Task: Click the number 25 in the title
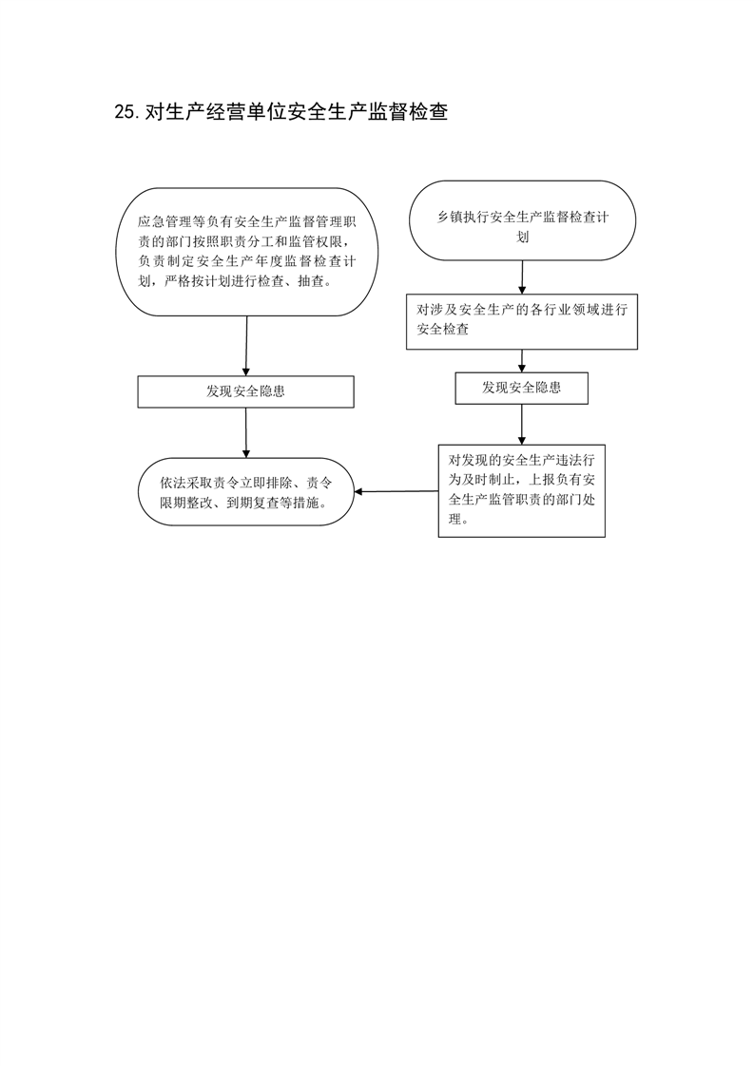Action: (x=126, y=112)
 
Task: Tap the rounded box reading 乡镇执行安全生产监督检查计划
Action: (x=522, y=220)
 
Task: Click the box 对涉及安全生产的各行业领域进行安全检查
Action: (x=522, y=321)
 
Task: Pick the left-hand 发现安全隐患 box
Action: (x=245, y=391)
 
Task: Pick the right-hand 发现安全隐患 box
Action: (x=521, y=389)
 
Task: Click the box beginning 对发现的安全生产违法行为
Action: (x=521, y=491)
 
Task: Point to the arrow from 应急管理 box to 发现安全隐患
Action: (x=246, y=346)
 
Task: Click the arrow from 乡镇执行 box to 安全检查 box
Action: (x=522, y=276)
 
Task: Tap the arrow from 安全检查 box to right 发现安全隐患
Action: (x=522, y=360)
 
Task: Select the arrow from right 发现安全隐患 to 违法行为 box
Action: (x=522, y=425)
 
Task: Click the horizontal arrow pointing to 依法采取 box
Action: (x=396, y=491)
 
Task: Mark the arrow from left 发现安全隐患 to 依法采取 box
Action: (x=246, y=432)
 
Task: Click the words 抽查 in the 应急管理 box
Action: (x=310, y=281)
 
